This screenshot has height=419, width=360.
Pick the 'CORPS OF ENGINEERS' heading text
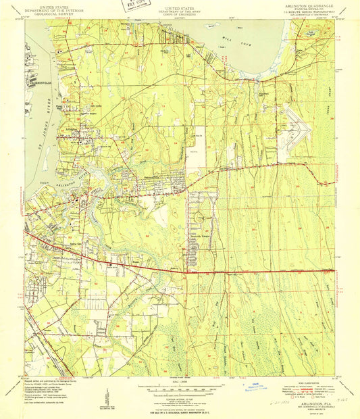pos(180,14)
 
